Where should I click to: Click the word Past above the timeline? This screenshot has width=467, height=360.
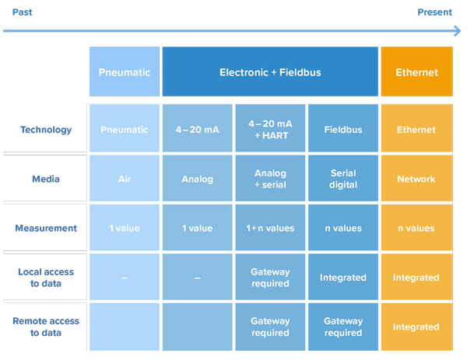coord(22,12)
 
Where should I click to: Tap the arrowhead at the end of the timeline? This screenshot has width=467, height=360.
coord(458,31)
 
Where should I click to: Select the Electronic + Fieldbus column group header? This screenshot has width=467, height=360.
coord(270,72)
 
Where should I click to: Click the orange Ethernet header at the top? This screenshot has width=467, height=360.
coord(416,72)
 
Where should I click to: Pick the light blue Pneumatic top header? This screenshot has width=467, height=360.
coord(125,72)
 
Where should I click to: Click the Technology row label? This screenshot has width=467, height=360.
coord(46,130)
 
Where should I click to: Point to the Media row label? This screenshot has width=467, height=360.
coord(46,179)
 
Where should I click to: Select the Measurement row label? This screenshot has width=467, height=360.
coord(46,229)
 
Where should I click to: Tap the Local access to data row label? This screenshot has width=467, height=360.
coord(46,278)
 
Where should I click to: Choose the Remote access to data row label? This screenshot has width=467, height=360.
coord(46,327)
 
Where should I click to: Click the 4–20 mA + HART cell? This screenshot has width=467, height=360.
coord(270,130)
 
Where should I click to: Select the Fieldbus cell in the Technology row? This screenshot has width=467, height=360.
coord(343,130)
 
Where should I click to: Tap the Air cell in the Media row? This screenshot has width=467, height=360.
coord(125,179)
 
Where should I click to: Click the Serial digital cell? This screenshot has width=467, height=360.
coord(343,179)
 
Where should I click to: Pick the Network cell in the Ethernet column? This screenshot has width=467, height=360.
coord(416,179)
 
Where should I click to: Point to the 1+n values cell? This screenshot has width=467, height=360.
coord(270,229)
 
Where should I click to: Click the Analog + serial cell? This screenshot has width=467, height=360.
coord(270,179)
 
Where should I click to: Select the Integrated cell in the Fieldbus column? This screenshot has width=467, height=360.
coord(343,278)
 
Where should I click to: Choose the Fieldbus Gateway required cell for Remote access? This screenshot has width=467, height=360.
coord(343,327)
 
